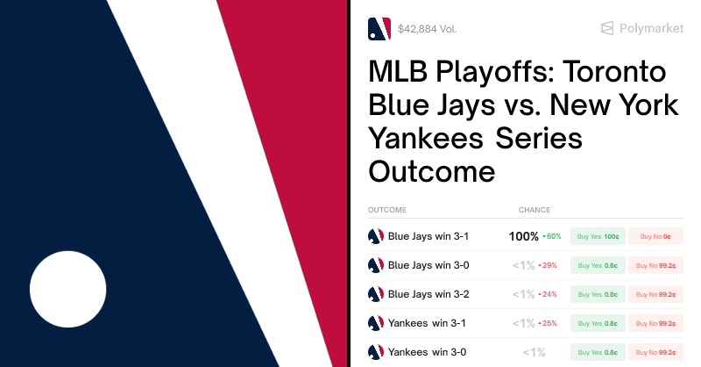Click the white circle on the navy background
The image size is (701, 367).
click(67, 289)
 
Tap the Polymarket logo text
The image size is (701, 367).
click(651, 28)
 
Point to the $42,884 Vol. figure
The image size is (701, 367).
click(427, 29)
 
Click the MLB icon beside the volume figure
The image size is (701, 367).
click(379, 29)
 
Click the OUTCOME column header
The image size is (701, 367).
click(387, 210)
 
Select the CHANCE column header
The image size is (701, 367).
click(535, 210)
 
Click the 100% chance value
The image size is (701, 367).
click(523, 236)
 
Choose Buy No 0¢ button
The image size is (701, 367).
click(655, 236)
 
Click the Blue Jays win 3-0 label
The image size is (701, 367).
click(428, 265)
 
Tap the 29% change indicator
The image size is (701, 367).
click(549, 265)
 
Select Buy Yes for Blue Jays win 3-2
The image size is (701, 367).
click(598, 294)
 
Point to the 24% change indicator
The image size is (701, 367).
click(549, 294)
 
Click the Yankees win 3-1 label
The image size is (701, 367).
click(427, 323)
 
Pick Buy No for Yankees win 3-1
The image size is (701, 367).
click(655, 323)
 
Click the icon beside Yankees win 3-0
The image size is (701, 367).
click(375, 352)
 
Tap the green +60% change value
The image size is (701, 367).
click(552, 236)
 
